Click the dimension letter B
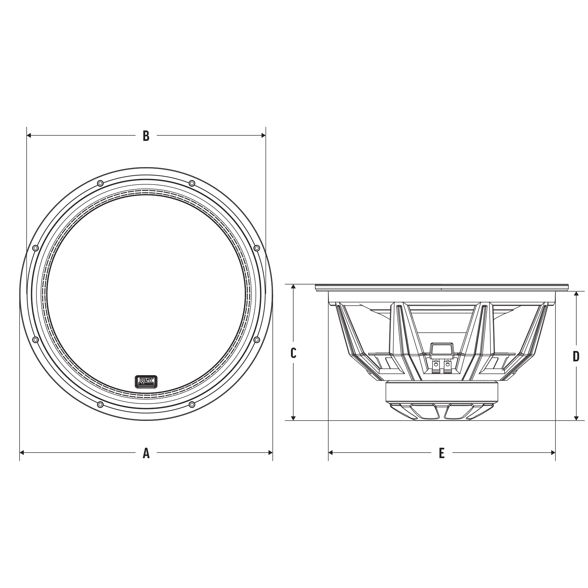click(x=146, y=136)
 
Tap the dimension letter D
click(x=576, y=356)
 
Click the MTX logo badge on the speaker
click(x=146, y=382)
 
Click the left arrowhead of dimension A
click(x=22, y=452)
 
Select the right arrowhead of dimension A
click(x=270, y=452)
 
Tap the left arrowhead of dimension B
click(x=29, y=135)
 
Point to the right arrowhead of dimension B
click(x=263, y=135)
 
